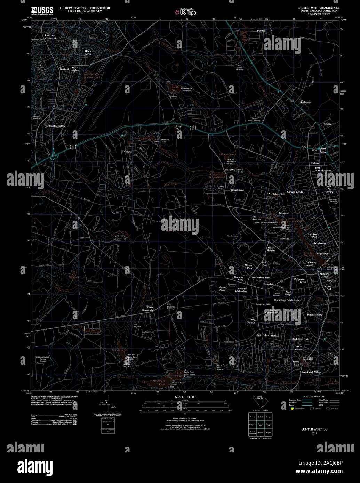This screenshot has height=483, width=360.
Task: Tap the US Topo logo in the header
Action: tap(185, 12)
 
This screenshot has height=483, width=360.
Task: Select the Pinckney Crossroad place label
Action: tap(50, 37)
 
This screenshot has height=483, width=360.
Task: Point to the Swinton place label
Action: tap(261, 31)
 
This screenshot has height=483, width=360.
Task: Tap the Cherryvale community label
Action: tap(128, 152)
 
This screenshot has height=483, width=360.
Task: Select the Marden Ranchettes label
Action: tap(54, 126)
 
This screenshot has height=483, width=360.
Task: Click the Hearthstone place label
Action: tap(238, 190)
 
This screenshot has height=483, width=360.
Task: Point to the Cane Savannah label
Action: tap(150, 309)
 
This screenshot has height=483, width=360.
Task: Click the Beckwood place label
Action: tap(305, 103)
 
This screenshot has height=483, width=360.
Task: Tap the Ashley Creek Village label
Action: tap(310, 372)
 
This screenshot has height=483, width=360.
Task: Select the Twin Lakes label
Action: tap(263, 335)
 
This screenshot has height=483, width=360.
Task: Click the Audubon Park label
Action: tap(312, 235)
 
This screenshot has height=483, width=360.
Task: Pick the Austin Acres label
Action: tap(222, 289)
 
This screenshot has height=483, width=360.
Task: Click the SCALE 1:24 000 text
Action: tap(185, 397)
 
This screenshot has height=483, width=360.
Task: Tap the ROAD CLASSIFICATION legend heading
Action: tap(314, 396)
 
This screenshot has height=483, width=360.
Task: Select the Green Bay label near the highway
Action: tap(178, 128)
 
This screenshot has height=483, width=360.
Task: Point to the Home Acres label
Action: tap(88, 52)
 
